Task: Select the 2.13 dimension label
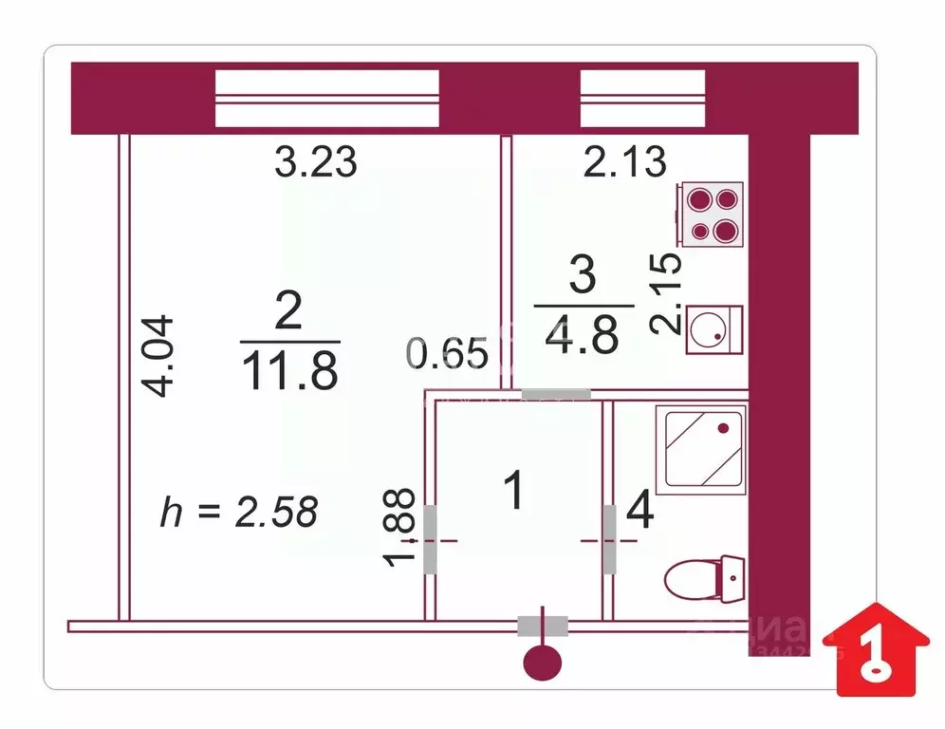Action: pos(624,161)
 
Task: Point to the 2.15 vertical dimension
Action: pos(667,293)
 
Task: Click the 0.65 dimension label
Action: pos(448,354)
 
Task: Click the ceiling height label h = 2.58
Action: pos(238,512)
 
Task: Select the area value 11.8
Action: pos(289,371)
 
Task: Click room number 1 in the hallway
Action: pos(514,492)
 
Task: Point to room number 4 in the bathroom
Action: pos(640,513)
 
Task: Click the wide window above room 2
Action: pos(327,98)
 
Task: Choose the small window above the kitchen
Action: pos(642,98)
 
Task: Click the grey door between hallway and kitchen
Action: pos(556,394)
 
